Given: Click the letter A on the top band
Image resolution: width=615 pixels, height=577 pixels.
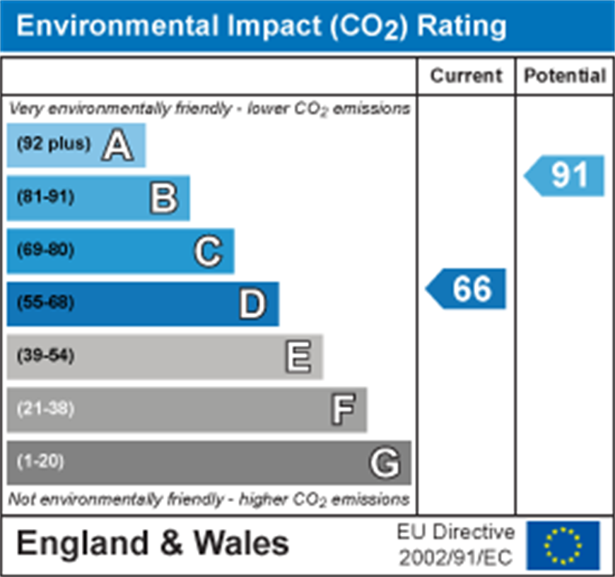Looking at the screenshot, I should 117,146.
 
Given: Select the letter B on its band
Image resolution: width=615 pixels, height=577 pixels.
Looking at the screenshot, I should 163,198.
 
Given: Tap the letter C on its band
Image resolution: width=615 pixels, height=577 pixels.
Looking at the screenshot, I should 208,251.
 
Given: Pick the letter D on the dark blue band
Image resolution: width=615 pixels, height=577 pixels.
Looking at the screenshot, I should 252,304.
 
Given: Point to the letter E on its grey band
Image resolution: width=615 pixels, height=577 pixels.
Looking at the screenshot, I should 298,356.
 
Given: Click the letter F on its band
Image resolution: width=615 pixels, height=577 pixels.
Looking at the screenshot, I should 343,409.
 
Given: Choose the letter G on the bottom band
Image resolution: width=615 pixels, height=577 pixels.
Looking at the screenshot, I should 385,463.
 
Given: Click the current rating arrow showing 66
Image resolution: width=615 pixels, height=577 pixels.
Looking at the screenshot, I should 467,288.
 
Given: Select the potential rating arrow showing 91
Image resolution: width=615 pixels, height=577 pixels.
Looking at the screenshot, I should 566,175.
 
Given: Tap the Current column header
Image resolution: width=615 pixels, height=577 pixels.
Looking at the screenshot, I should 466,76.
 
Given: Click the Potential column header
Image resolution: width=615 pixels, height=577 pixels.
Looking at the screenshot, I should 565,76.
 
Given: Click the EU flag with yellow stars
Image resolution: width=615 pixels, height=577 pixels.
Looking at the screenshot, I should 563,545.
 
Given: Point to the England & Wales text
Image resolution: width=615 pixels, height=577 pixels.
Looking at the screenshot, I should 153,544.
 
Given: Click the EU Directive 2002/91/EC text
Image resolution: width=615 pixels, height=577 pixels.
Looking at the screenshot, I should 455,544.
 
